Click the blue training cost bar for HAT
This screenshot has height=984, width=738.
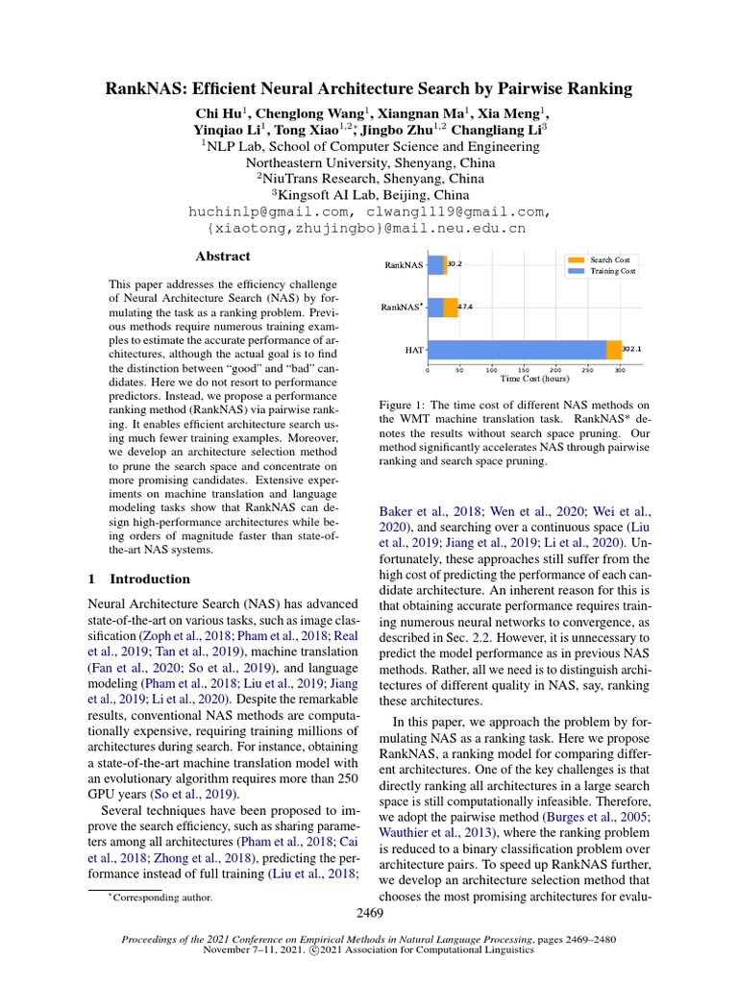tap(517, 350)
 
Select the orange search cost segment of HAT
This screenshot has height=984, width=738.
tap(614, 350)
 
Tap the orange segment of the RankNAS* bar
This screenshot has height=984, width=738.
tap(451, 307)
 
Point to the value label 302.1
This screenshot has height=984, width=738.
tap(632, 350)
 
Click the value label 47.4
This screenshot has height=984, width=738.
tap(466, 307)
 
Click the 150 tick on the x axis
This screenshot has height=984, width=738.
tap(524, 369)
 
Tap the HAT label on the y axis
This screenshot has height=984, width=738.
tap(414, 351)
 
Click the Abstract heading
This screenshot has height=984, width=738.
tap(223, 257)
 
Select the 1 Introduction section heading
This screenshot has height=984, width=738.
tap(139, 579)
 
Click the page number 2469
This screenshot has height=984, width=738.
tap(369, 913)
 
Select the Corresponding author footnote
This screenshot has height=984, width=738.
tap(159, 898)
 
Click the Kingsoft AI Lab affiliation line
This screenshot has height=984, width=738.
tap(369, 195)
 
